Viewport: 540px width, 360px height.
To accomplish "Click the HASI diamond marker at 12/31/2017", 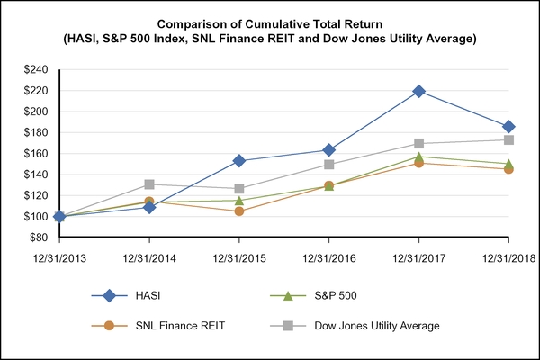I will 419,92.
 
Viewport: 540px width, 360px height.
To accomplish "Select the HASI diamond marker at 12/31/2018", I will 509,127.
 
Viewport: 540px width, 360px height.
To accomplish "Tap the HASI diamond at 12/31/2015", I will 239,161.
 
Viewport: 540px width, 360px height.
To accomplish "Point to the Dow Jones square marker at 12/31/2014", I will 149,184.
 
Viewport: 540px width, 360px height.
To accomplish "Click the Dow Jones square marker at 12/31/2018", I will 509,140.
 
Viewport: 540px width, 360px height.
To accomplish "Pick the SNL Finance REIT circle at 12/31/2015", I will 239,211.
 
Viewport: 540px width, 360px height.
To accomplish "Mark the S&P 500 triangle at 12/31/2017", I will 419,157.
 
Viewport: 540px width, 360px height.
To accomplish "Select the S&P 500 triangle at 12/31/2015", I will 239,200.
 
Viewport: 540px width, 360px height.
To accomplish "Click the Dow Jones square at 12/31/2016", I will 329,165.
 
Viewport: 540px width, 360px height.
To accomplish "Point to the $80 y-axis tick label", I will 38,238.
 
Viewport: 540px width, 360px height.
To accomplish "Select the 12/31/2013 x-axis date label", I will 59,256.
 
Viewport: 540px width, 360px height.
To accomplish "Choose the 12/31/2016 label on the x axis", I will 329,256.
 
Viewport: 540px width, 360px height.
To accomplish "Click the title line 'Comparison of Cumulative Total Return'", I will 270,22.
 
